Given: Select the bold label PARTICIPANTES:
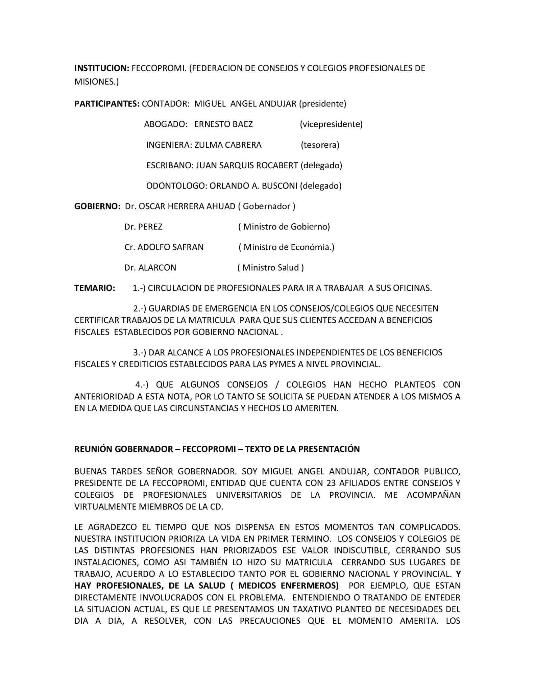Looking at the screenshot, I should [x=107, y=104].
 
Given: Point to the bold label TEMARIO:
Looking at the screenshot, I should [x=95, y=288].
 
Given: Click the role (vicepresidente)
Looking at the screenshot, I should [x=331, y=124].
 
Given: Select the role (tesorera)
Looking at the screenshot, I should [x=320, y=145].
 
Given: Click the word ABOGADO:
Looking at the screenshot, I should [x=166, y=124].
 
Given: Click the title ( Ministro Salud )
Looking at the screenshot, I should [x=271, y=268].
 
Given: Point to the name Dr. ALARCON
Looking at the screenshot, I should [x=150, y=268].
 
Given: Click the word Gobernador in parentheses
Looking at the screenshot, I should [x=267, y=206].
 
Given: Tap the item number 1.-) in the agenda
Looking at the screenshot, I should [x=139, y=288].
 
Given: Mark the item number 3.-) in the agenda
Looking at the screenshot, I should [x=139, y=353].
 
